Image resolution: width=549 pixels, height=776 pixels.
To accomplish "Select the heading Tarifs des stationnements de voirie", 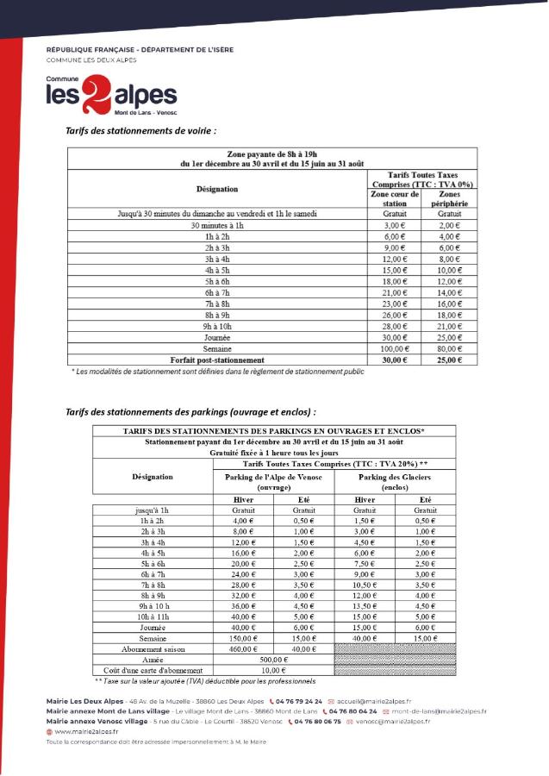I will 140,130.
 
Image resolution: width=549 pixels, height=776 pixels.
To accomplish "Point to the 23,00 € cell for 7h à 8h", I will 393,304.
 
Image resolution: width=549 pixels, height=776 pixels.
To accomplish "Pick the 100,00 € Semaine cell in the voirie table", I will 393,348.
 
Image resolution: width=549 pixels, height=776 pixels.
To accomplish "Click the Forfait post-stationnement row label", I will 216,360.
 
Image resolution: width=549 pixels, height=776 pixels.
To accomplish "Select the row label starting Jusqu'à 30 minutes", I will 216,213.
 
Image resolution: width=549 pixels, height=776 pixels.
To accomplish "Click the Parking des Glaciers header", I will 394,482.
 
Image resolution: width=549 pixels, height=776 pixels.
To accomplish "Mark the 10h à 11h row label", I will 153,616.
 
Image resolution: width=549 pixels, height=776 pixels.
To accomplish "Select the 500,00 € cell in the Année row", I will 273,659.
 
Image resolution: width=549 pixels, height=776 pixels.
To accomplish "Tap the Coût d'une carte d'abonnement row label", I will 153,670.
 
